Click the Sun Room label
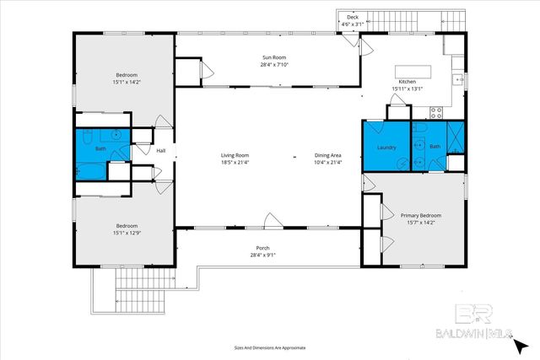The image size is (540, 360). (274, 57)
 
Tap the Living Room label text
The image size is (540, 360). (235, 155)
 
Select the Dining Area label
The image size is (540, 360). (328, 155)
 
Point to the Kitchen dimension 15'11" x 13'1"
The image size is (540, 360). (408, 89)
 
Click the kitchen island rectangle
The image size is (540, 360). (413, 72)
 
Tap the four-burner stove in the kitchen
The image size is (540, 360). (436, 112)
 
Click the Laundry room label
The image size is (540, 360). (386, 148)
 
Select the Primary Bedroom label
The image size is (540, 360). (421, 216)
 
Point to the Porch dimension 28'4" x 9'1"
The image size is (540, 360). (262, 255)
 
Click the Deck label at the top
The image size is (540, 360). (353, 17)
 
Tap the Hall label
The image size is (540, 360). (161, 151)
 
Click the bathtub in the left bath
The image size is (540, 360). (91, 171)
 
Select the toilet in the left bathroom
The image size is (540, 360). (88, 137)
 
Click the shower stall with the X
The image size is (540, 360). (456, 137)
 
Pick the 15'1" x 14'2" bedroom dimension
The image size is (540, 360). (127, 83)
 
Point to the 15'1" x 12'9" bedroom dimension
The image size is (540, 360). (127, 233)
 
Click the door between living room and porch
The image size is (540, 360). (273, 221)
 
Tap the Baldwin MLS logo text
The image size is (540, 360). (474, 334)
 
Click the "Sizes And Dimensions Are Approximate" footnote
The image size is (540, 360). (270, 348)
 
